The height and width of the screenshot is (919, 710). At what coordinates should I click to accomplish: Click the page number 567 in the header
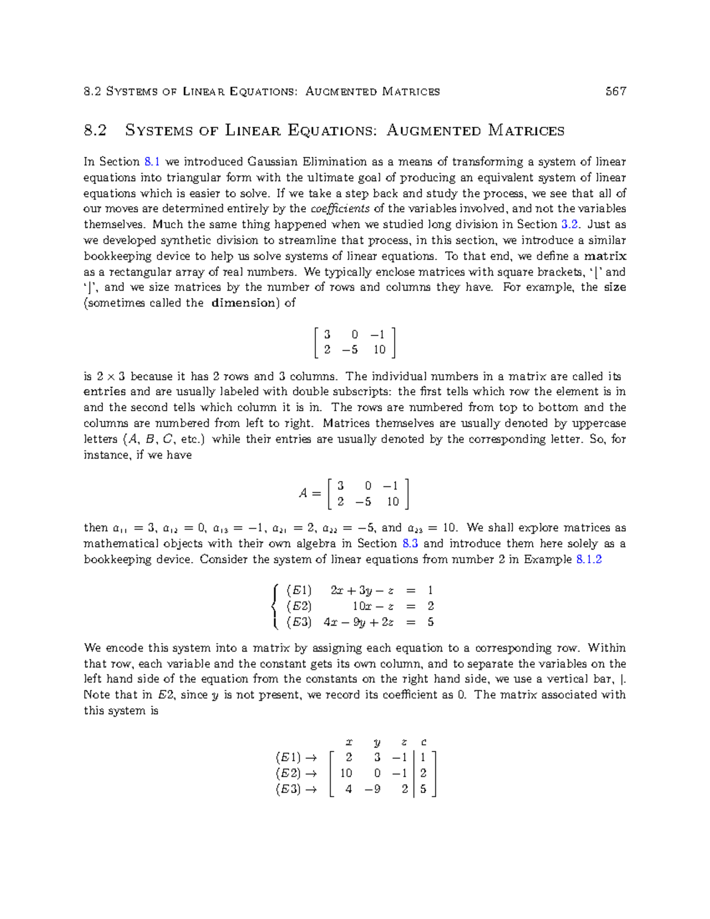pos(615,91)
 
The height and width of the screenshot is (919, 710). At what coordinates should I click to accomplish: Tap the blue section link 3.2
pos(569,224)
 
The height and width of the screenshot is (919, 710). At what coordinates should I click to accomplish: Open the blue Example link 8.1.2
pos(589,559)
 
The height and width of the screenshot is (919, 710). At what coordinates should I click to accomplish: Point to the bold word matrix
pos(605,256)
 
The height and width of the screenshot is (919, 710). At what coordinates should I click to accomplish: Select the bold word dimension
pos(243,303)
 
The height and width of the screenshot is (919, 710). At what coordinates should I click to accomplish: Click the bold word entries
pos(105,392)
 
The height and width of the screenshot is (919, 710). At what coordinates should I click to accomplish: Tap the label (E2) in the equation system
pos(299,606)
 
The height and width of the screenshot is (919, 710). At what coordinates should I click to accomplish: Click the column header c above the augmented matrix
pos(424,742)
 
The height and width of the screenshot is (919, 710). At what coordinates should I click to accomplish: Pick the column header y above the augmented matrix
pos(377,742)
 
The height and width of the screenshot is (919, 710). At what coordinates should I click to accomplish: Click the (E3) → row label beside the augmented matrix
pos(296,789)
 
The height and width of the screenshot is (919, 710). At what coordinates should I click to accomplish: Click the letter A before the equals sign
pos(303,493)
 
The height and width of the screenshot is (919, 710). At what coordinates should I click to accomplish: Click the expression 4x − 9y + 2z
pos(359,622)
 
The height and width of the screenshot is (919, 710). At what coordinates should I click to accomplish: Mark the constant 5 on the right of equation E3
pos(430,622)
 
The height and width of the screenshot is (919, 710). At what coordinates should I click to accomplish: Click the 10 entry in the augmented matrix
pos(346,773)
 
